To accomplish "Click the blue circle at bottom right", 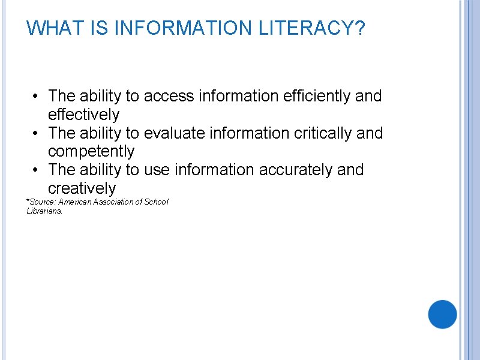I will point(443,314).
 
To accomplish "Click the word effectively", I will point(83,115).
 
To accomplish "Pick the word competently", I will point(91,152).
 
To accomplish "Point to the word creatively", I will point(82,189).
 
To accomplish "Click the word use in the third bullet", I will point(157,170).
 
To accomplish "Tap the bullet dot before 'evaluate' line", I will point(37,133).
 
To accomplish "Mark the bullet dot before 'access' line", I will point(37,96).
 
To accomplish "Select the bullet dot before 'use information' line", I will point(37,170).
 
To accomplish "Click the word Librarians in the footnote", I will point(44,211).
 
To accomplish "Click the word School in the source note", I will point(157,202).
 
